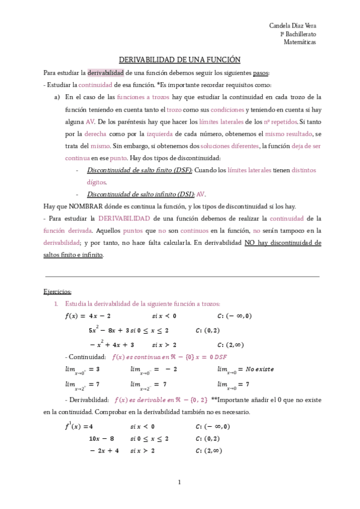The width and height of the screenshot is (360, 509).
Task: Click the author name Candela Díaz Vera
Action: tap(292, 26)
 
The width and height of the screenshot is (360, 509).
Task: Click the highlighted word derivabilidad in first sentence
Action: tap(106, 73)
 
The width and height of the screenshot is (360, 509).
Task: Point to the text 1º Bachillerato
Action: tap(299, 34)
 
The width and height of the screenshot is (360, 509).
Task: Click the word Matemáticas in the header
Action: tap(300, 43)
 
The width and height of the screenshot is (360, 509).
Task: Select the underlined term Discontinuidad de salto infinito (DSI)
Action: tap(141, 194)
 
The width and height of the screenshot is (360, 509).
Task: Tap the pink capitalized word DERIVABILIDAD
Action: tap(122, 218)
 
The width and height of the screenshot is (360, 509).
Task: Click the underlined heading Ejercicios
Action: tap(58, 291)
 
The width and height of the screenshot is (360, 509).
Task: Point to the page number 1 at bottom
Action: tap(179, 482)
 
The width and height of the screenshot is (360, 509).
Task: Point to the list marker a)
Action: tap(57, 97)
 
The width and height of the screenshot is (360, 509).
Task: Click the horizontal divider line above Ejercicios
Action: tap(182, 276)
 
